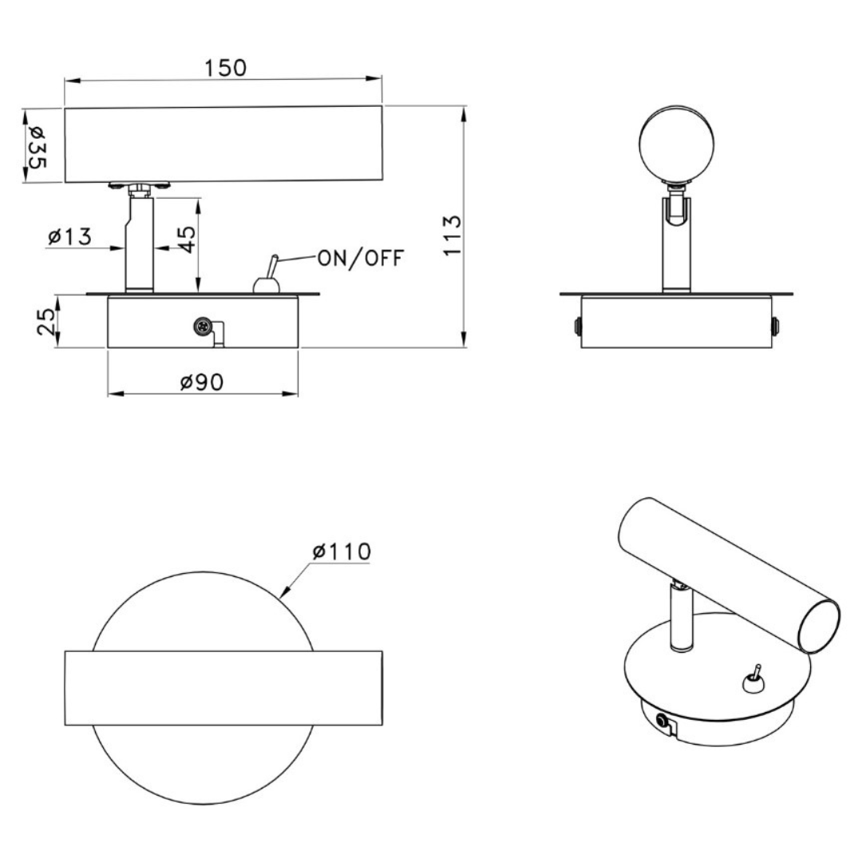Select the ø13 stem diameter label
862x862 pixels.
(x=70, y=237)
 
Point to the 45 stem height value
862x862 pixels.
(x=185, y=237)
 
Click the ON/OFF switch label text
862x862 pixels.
(x=362, y=258)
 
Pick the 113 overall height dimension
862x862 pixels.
(x=453, y=235)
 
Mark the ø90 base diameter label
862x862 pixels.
(x=201, y=382)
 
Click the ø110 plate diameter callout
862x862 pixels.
(x=342, y=552)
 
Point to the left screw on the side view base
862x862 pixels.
(x=577, y=326)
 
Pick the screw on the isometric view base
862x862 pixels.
(x=662, y=722)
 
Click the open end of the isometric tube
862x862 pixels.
(x=820, y=626)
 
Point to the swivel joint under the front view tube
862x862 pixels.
(x=140, y=188)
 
